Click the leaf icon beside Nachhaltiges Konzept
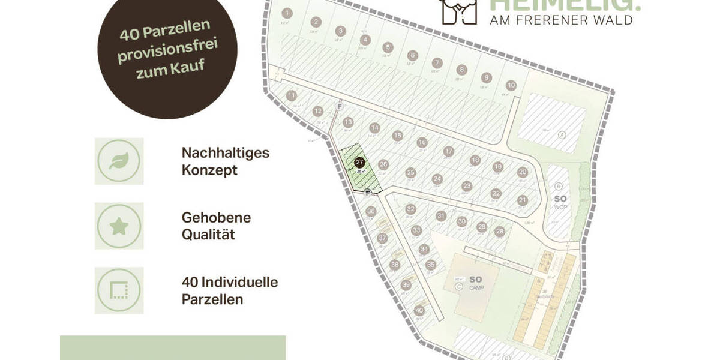click(119, 161)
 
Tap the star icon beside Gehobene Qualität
click(119, 226)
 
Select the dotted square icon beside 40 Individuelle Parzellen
click(119, 291)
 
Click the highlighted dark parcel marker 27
click(359, 162)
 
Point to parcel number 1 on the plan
click(287, 13)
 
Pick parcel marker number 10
click(511, 85)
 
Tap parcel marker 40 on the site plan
click(419, 310)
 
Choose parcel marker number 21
click(523, 200)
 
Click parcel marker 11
click(292, 95)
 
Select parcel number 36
click(371, 211)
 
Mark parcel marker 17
click(448, 151)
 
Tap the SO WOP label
click(560, 202)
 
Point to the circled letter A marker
click(562, 134)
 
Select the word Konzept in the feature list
click(209, 170)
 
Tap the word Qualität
click(208, 234)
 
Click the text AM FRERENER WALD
click(562, 20)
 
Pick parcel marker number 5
click(388, 47)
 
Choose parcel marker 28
click(500, 232)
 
